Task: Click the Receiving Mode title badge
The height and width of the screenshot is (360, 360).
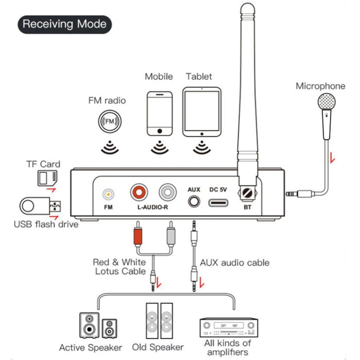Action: point(64,24)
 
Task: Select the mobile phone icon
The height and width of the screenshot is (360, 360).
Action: point(160,112)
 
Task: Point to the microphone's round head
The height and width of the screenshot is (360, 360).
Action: point(327,102)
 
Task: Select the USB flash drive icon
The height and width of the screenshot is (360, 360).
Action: point(40,206)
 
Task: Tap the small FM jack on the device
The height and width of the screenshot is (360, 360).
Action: point(109,194)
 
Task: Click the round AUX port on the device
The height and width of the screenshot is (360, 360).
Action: point(193,200)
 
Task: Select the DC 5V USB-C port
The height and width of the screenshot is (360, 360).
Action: point(218,201)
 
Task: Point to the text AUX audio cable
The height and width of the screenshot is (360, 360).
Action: point(234,263)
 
